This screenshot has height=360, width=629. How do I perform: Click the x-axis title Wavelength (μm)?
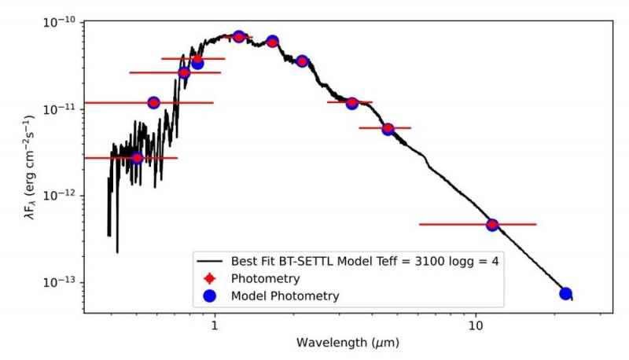click(345, 343)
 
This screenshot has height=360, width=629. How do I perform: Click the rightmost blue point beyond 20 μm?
click(565, 293)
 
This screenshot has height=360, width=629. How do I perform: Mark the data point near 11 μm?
click(492, 225)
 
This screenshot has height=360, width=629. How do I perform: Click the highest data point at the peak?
click(239, 36)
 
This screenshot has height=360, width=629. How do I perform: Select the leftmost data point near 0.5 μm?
click(137, 158)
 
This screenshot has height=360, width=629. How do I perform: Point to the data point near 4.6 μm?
click(388, 129)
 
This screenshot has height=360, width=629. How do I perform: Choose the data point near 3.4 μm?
click(352, 103)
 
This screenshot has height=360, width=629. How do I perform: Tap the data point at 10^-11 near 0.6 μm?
click(154, 103)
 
